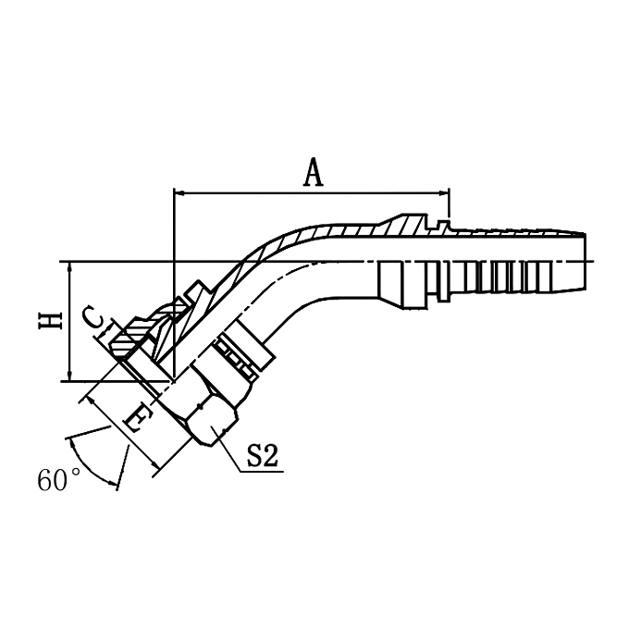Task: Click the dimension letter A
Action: [x=314, y=172]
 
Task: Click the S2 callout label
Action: [x=263, y=457]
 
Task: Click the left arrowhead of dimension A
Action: [x=179, y=193]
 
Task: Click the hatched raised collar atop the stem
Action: [x=407, y=225]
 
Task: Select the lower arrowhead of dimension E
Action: [x=157, y=462]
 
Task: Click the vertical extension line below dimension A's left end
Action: [x=174, y=277]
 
